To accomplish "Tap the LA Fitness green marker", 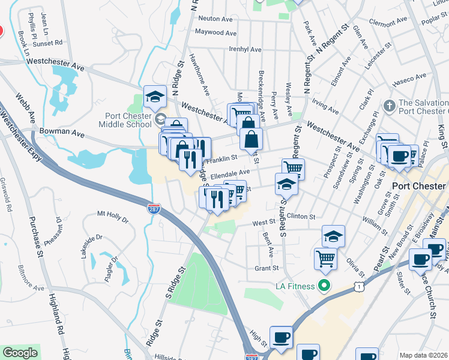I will point(325,286).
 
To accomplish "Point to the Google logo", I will point(20,353).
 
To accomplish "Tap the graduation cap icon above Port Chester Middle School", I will point(154,96).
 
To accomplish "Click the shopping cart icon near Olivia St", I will point(325,258).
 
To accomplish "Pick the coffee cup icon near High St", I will point(280,337).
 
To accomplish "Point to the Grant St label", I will point(267,268).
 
